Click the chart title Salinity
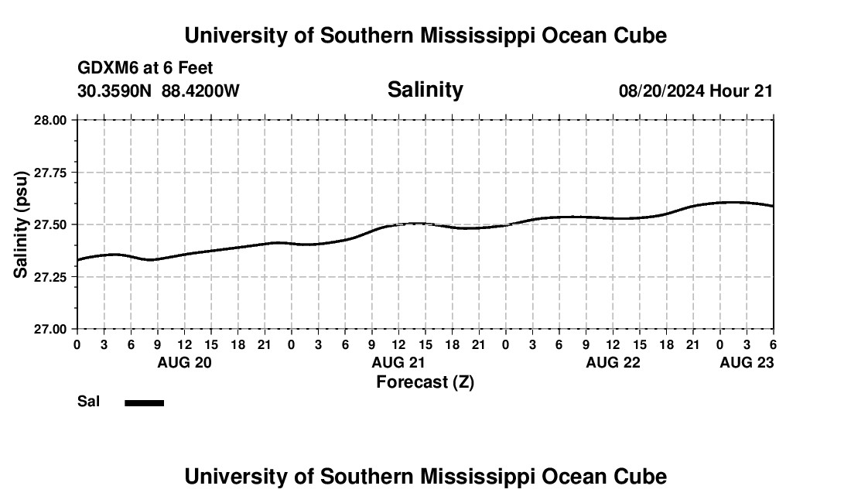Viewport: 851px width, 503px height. (x=425, y=90)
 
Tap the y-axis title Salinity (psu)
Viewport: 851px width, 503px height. (x=22, y=224)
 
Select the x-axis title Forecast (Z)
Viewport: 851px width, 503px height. (x=425, y=382)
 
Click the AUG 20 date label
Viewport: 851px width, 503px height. (x=184, y=362)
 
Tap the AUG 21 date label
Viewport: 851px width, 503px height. (x=398, y=362)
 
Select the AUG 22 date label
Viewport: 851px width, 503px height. (x=613, y=362)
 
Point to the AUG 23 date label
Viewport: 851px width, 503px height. (x=747, y=362)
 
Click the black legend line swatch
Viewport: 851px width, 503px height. (x=144, y=402)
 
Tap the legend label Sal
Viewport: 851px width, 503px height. (x=87, y=402)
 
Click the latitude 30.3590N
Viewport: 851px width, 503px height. (x=115, y=91)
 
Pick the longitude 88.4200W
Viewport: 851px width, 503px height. (x=200, y=91)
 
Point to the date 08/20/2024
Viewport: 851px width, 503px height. (x=661, y=91)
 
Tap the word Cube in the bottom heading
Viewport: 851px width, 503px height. (x=641, y=477)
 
